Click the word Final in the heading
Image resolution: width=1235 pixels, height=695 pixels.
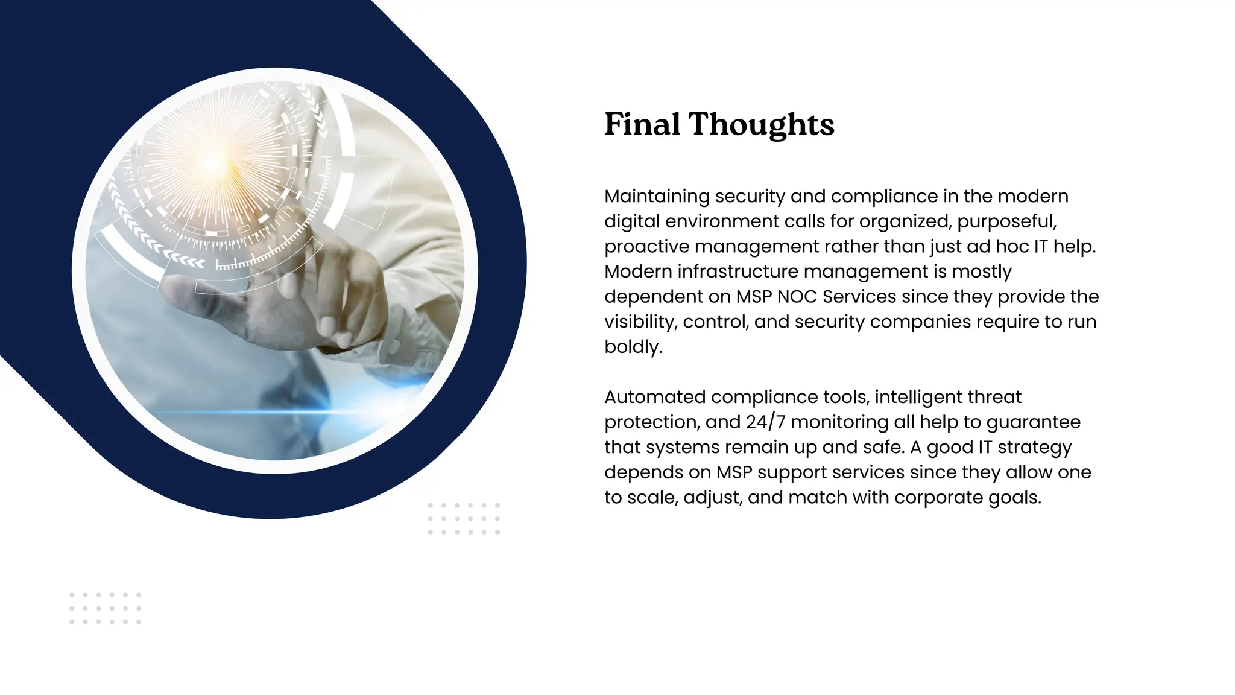[642, 124]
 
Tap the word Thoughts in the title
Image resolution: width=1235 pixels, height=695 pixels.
[762, 125]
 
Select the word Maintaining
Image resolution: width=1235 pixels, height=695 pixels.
[657, 197]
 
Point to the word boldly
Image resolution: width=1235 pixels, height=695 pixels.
[633, 347]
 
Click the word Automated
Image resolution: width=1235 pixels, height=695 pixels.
[655, 397]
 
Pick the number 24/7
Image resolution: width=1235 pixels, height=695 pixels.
[765, 422]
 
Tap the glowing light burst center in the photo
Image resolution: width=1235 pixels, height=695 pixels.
[214, 162]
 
